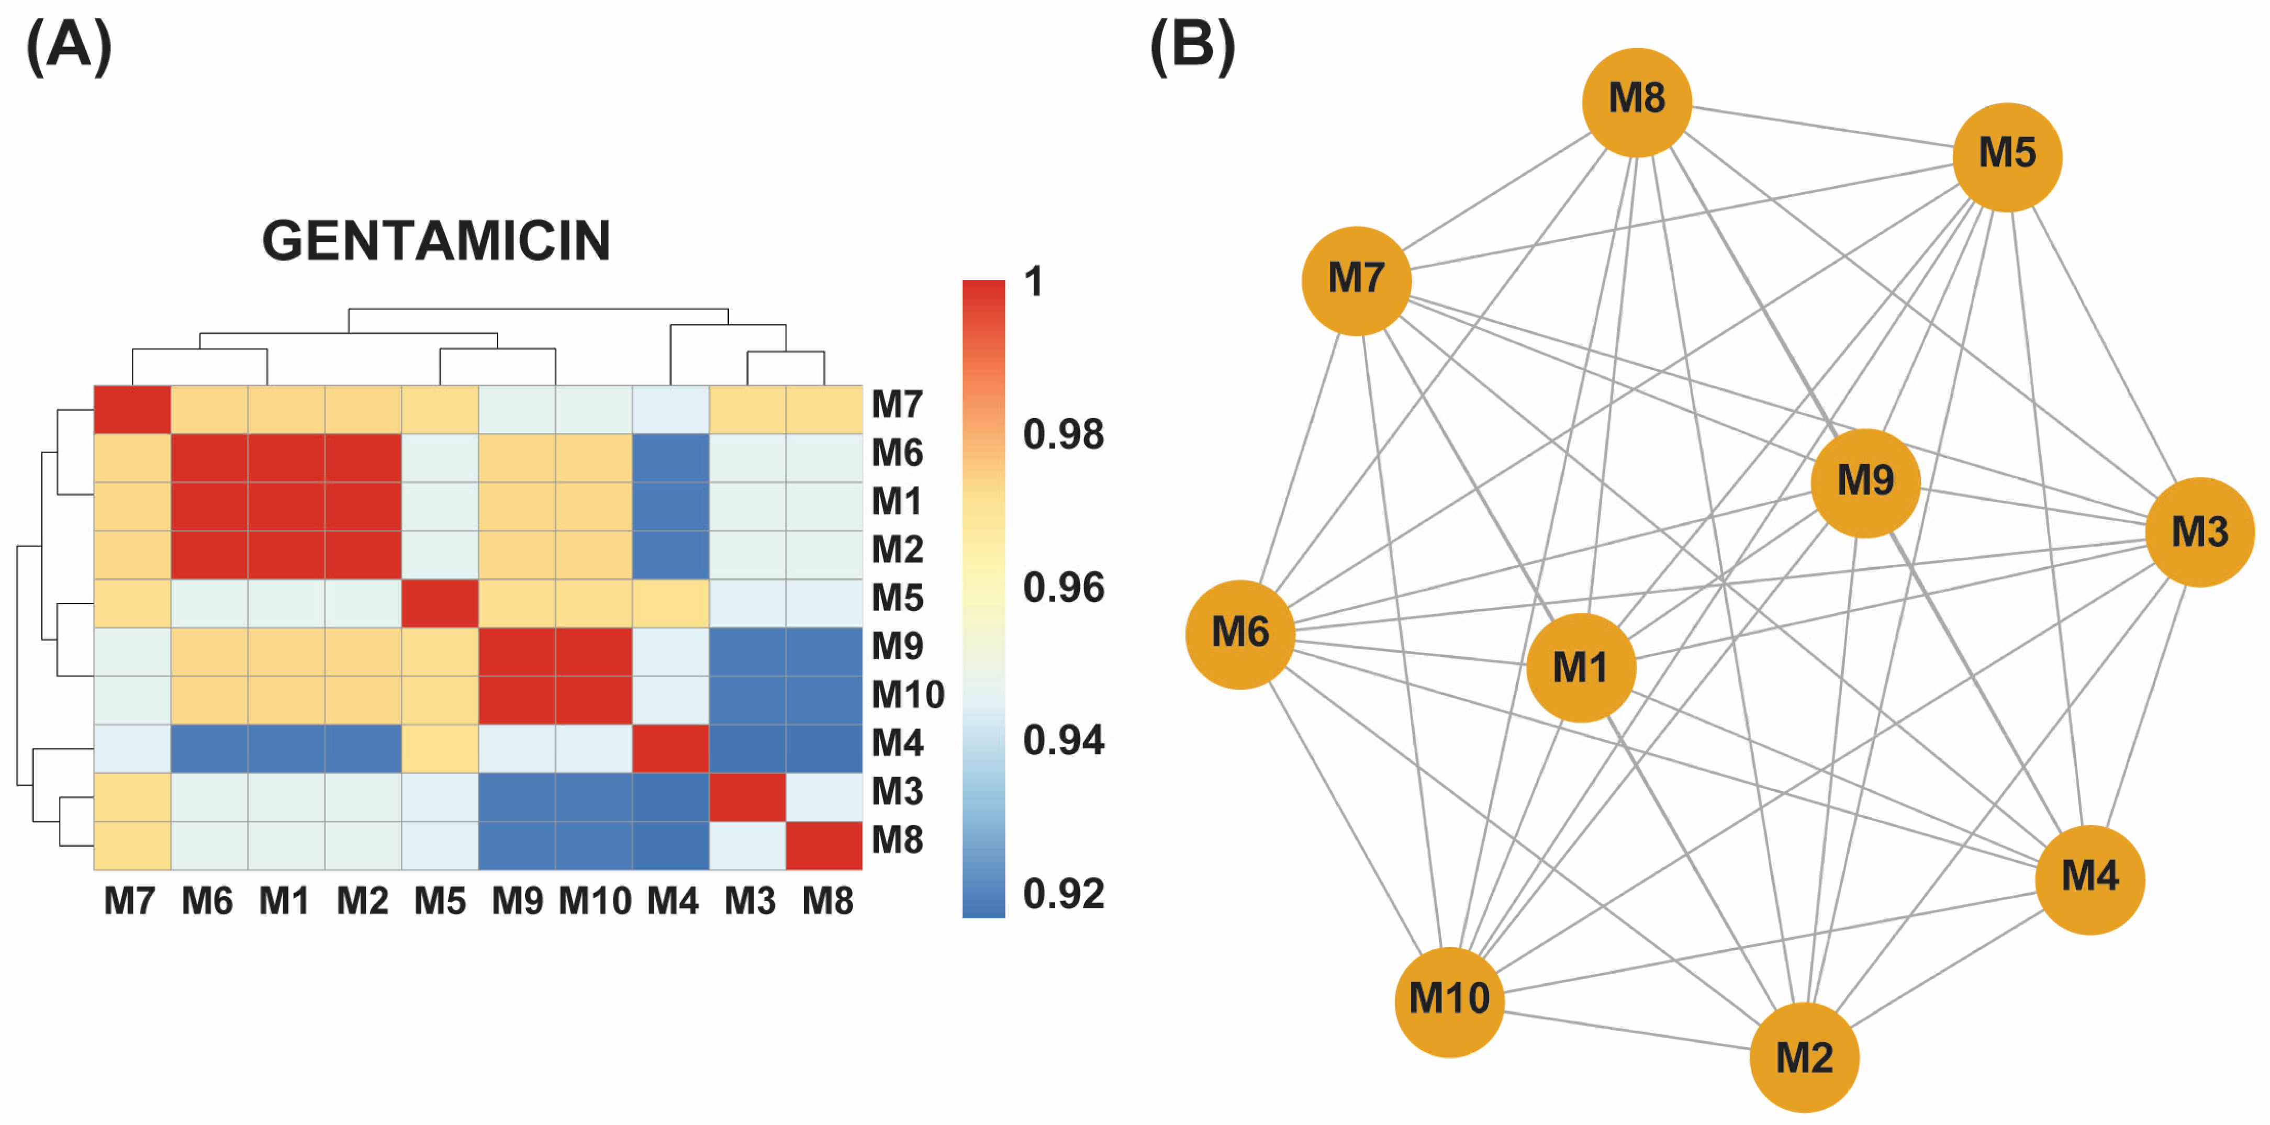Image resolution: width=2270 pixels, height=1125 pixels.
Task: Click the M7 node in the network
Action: click(1356, 280)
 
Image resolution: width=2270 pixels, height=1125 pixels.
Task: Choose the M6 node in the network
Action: click(1240, 634)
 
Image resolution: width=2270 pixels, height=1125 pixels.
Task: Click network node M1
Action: click(1581, 668)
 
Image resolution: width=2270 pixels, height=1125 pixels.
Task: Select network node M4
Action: click(2089, 879)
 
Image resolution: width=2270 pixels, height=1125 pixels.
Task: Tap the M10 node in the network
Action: click(1449, 1001)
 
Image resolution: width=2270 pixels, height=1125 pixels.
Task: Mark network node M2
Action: click(1804, 1057)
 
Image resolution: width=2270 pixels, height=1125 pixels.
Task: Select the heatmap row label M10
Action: click(908, 695)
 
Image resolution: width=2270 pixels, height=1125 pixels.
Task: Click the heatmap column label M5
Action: click(440, 901)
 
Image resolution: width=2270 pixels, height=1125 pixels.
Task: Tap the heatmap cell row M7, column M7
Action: click(132, 410)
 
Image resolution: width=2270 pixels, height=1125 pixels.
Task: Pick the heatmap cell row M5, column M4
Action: click(670, 603)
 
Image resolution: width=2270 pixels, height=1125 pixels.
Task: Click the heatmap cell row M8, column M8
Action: click(824, 845)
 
